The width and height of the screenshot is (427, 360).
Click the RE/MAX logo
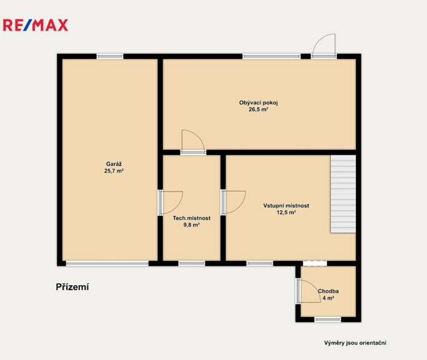click(36, 25)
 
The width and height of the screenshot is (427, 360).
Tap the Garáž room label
click(114, 164)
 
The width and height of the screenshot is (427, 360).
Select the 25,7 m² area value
click(114, 171)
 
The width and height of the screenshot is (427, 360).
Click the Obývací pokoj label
click(258, 103)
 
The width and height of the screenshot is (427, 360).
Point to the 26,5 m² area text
click(258, 109)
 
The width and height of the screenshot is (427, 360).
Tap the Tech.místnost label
click(192, 218)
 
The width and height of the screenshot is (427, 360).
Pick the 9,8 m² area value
click(192, 225)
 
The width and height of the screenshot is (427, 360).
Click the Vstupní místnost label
click(286, 206)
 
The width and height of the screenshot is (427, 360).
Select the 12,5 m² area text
click(286, 213)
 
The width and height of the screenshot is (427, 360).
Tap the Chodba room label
click(328, 291)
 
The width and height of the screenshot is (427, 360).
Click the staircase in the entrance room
click(343, 194)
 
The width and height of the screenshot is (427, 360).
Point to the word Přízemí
click(72, 287)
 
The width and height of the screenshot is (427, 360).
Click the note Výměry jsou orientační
click(355, 343)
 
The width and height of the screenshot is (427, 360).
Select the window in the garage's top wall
click(110, 57)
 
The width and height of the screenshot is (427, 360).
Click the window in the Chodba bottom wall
click(328, 319)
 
